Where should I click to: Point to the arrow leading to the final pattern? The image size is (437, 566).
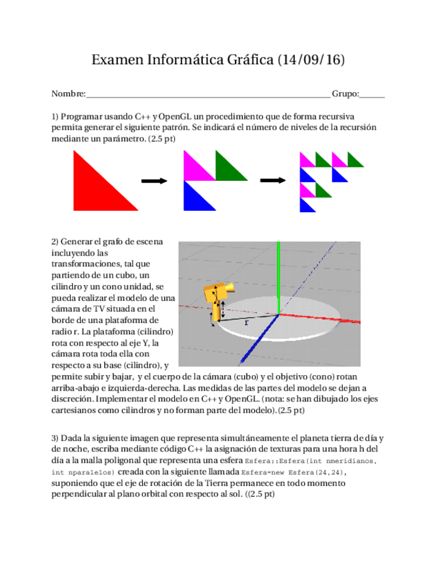tap(272, 180)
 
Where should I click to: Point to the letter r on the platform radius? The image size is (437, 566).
tap(246, 322)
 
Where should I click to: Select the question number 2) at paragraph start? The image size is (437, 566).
tap(55, 241)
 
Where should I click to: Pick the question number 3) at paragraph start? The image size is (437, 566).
tap(55, 438)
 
